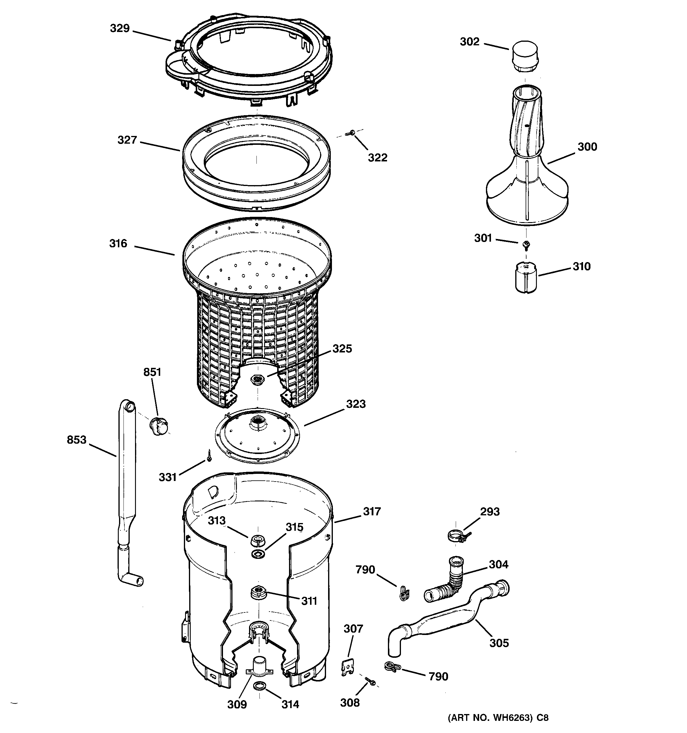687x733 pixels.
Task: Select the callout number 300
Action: (x=587, y=147)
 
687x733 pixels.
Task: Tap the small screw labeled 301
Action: (x=526, y=244)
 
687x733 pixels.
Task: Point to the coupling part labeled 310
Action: (x=526, y=277)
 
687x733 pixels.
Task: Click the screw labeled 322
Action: (x=351, y=132)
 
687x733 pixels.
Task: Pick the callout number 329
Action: (x=120, y=28)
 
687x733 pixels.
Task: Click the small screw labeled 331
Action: (x=209, y=455)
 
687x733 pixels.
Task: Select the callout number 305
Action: (x=499, y=643)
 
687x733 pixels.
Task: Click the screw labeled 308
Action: (x=370, y=681)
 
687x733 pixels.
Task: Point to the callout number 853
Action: (x=76, y=440)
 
